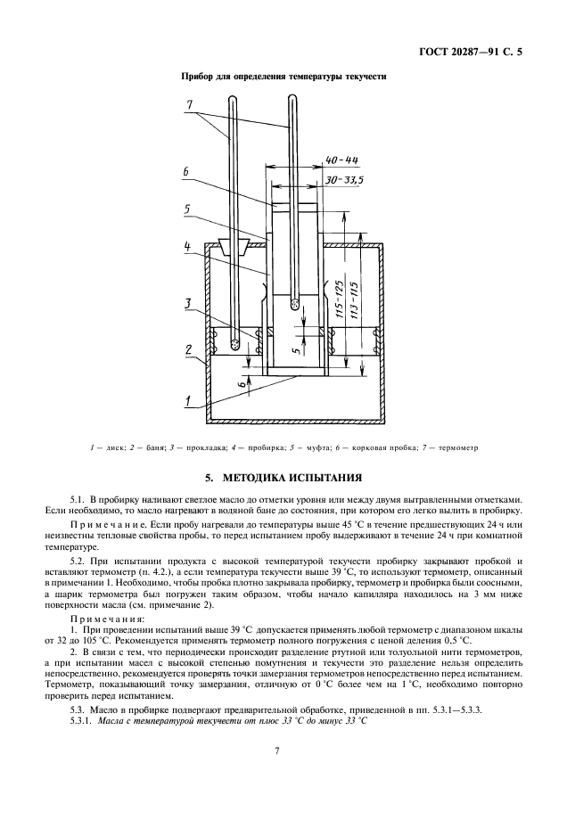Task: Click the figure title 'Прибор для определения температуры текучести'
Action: pos(283,78)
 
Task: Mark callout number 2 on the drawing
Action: pos(189,348)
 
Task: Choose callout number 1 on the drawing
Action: pos(188,401)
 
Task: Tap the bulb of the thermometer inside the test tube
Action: pos(294,305)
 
